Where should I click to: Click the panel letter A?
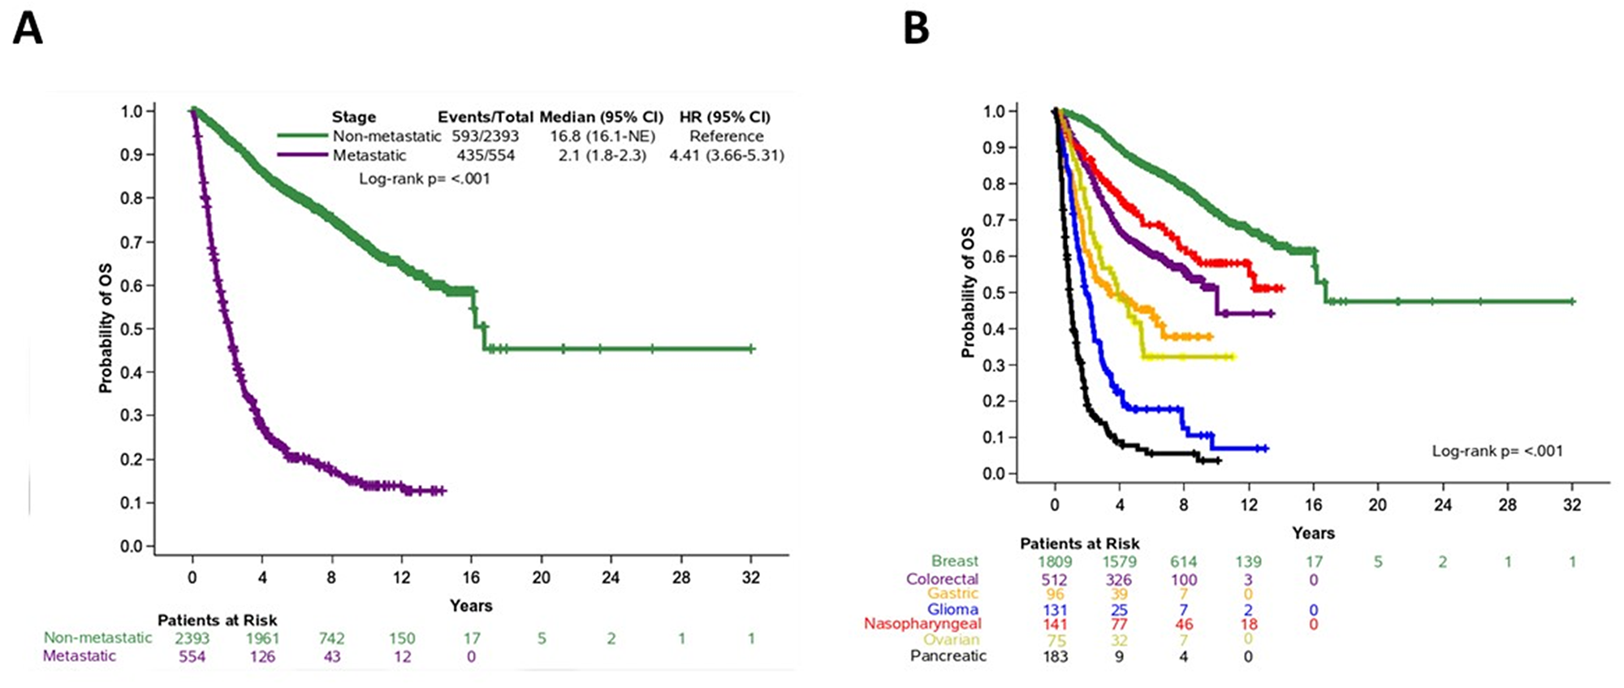pos(27,30)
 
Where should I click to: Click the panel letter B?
pos(916,30)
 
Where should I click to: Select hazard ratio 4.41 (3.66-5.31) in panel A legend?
pos(726,155)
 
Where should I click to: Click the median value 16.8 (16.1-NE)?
pos(597,136)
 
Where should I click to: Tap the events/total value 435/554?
pos(485,155)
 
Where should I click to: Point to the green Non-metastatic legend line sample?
pos(302,136)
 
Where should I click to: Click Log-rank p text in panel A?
pos(425,179)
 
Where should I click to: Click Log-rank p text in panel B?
pos(1497,451)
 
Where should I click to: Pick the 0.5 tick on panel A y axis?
pos(132,329)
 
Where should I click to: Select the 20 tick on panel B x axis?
pos(1377,504)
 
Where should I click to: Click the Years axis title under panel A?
pos(471,606)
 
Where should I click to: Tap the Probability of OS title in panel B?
pos(967,292)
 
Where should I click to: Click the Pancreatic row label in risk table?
pos(948,656)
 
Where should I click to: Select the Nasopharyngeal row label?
pos(922,624)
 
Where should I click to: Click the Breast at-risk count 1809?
pos(1055,561)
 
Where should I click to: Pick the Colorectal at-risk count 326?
pos(1119,580)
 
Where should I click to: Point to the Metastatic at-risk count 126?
pos(262,656)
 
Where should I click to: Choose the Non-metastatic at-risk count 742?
pos(331,638)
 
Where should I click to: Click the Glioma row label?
pos(952,609)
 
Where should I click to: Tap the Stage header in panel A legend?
pos(353,117)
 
